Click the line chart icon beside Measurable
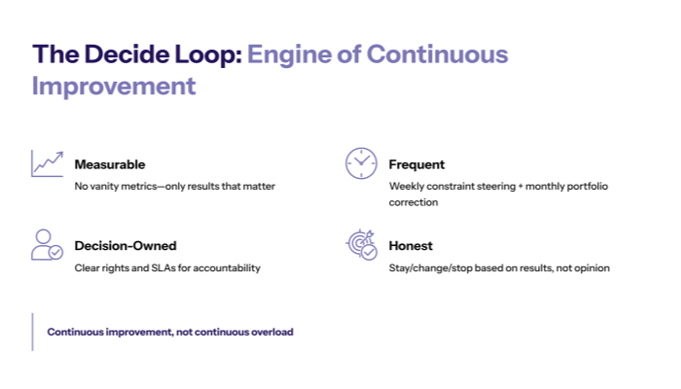(47, 163)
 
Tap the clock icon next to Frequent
(361, 163)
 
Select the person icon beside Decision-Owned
(47, 245)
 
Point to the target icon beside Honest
(361, 245)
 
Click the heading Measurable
(110, 164)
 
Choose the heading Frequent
(416, 164)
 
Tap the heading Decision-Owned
(125, 246)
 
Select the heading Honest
(411, 246)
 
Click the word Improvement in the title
(114, 86)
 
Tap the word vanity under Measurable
(104, 186)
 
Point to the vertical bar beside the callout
(32, 332)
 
